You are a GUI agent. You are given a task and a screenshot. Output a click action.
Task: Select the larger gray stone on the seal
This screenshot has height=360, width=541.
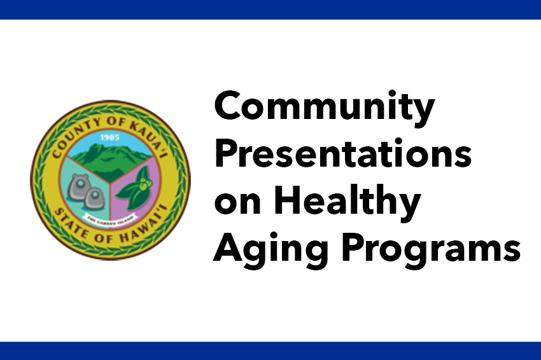coord(79,183)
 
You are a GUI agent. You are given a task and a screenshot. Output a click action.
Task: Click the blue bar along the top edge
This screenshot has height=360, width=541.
coord(270,9)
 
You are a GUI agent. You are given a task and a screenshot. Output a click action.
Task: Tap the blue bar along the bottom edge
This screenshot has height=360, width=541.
coord(270,350)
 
